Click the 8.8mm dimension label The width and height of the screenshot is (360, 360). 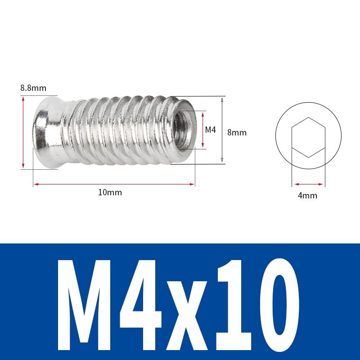click(x=33, y=88)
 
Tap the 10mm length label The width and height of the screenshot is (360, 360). click(x=110, y=192)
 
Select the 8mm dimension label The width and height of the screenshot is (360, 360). click(x=237, y=133)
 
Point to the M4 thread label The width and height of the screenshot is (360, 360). click(x=211, y=130)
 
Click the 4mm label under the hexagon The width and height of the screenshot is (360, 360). click(x=308, y=195)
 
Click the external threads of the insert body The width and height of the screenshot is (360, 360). click(x=117, y=130)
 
